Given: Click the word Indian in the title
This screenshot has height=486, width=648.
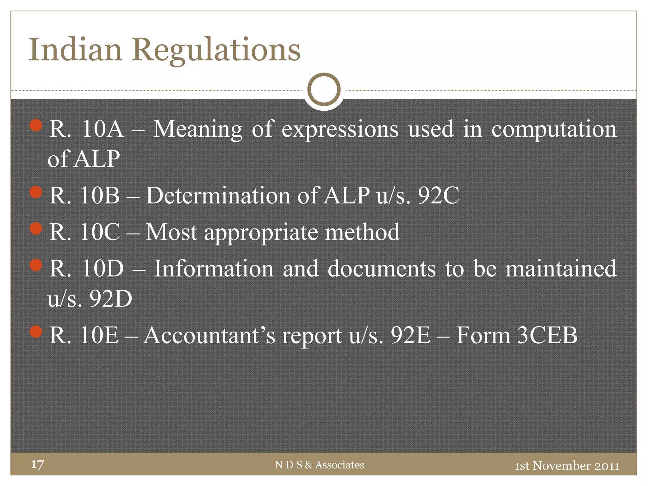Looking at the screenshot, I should (x=75, y=50).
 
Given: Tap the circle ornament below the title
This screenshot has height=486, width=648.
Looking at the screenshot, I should (x=324, y=90).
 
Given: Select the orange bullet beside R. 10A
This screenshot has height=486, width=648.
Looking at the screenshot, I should (x=36, y=125).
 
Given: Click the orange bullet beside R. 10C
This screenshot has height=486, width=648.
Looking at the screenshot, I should (x=36, y=228).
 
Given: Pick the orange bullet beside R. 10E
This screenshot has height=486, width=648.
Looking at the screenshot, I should (x=36, y=332).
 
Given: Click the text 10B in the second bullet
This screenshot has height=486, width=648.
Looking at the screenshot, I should (x=100, y=195).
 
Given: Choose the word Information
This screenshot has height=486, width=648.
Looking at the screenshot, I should (x=214, y=269).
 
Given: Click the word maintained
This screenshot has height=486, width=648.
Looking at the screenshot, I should (x=561, y=269).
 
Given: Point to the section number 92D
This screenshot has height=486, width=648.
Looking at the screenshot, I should (x=110, y=298).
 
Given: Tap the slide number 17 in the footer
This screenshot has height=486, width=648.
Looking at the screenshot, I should (x=37, y=464).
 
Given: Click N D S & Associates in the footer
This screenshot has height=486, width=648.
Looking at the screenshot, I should (x=319, y=465).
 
